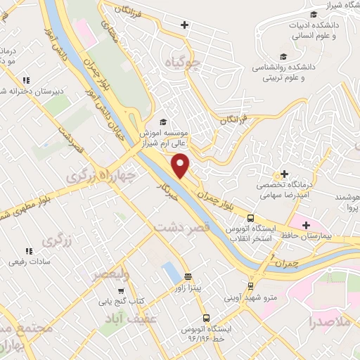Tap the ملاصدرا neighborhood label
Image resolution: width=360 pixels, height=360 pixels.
pos(333,323)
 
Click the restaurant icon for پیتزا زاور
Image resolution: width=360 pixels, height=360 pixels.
pos(188,276)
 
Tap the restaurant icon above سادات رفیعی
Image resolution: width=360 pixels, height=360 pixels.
pos(29,250)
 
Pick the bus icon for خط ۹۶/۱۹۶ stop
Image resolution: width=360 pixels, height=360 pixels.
pos(205,317)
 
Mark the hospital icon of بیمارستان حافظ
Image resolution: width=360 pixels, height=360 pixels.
pos(305,226)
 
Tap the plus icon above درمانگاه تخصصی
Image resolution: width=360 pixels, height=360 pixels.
pos(284,174)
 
